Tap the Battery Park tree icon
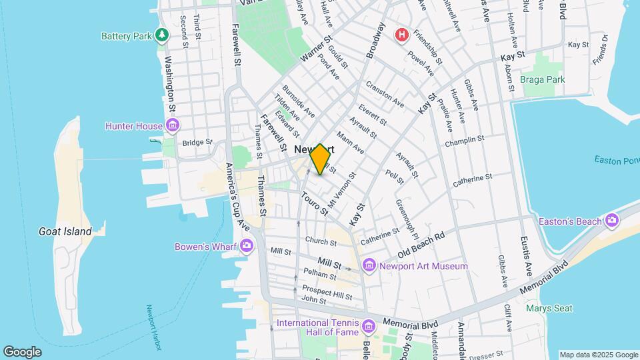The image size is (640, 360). tap(161, 35)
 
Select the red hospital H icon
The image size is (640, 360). tap(402, 35)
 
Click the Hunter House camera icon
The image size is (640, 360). tap(173, 125)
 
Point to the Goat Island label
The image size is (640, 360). tap(65, 231)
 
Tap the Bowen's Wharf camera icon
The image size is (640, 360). tap(247, 246)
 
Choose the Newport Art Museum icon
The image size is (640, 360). tap(369, 266)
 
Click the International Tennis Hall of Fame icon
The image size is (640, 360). tap(369, 327)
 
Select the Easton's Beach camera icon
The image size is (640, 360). tap(612, 221)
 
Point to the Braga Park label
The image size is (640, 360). tap(543, 79)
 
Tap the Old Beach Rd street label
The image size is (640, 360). tap(421, 245)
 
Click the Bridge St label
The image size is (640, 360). tap(197, 142)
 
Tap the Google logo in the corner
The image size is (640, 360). tap(22, 351)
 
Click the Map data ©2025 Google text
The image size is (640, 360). tap(598, 355)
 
